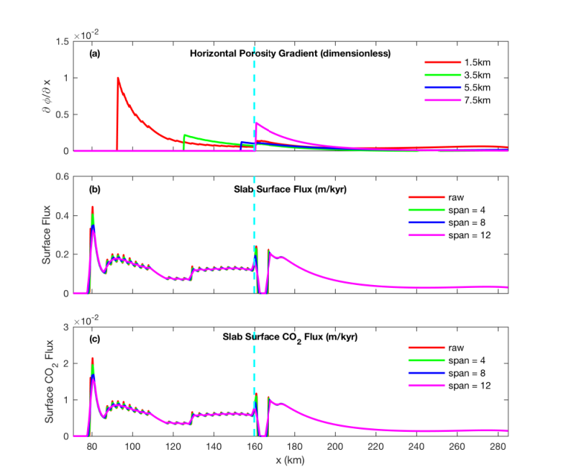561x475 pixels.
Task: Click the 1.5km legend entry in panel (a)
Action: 457,63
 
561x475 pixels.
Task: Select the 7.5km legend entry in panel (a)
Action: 457,100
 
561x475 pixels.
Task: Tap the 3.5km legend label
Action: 478,75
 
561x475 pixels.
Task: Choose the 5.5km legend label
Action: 478,88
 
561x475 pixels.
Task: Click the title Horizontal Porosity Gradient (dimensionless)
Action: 290,53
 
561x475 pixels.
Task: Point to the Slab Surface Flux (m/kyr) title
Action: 290,189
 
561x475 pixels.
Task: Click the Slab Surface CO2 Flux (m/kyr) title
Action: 290,338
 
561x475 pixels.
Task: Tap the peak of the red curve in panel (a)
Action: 118,78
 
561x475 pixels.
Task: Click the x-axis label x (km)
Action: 290,460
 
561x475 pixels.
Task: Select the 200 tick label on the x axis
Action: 335,447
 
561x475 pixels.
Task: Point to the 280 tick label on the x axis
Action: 498,447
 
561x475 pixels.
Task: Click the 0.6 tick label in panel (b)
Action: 63,176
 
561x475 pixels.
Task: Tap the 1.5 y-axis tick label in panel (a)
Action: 63,42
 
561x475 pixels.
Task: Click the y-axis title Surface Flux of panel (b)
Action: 46,235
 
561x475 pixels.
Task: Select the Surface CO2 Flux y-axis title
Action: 49,381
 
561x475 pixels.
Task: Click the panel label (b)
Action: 94,189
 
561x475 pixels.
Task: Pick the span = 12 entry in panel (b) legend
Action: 450,235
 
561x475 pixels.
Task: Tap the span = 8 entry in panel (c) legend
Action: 447,373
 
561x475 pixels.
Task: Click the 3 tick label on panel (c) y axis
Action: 66,327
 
